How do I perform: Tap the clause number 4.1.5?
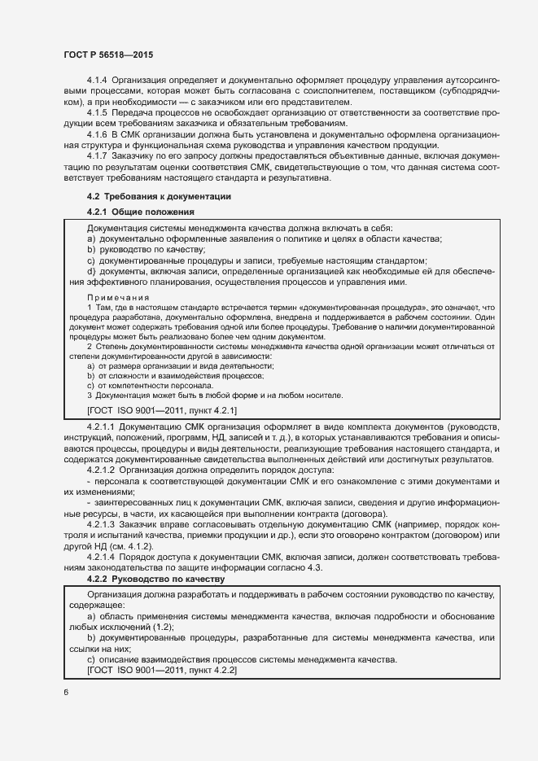[97, 112]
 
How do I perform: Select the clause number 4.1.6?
[97, 133]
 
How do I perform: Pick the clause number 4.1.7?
[97, 155]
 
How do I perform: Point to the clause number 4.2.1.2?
[101, 470]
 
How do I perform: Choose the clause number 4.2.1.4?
[101, 556]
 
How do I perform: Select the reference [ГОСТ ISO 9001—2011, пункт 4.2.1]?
[161, 410]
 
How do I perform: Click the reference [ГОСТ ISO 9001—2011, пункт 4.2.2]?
[161, 669]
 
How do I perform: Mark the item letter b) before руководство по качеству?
[91, 250]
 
